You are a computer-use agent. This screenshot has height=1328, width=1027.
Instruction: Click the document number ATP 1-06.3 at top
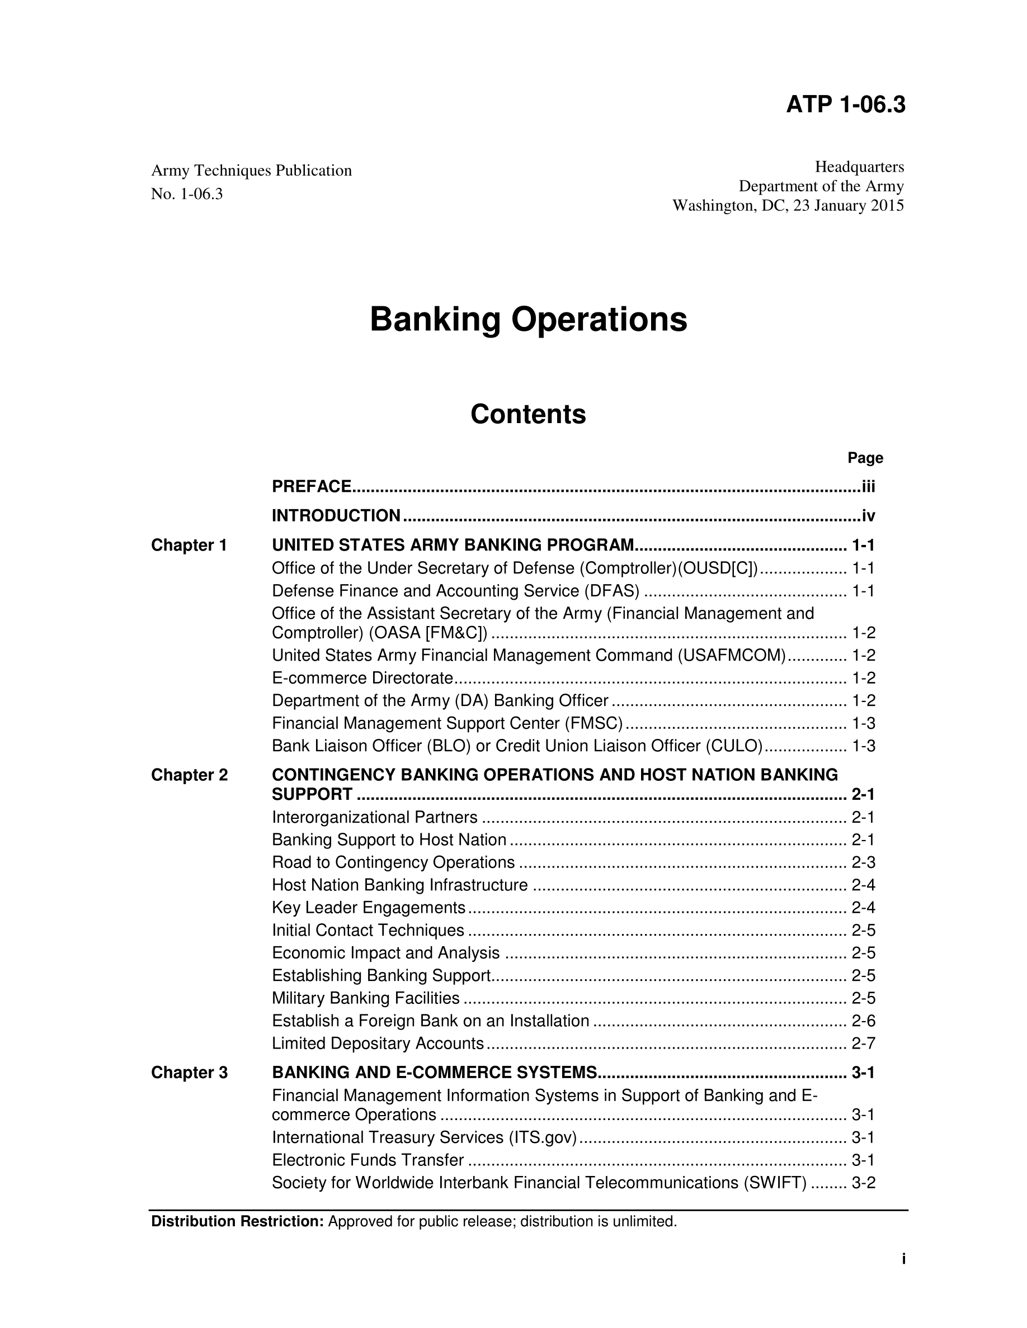coord(845,105)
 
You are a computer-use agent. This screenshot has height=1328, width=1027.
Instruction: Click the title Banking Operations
coord(528,320)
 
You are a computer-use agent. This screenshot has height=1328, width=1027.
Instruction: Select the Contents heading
coord(528,415)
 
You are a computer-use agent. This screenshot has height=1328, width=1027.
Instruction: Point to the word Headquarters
coord(859,167)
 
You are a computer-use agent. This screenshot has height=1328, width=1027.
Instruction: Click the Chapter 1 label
coord(189,546)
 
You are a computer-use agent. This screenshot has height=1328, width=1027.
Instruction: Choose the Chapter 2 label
coord(189,775)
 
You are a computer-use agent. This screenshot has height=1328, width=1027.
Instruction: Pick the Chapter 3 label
coord(189,1073)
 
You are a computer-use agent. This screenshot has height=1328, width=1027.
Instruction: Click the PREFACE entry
coord(312,487)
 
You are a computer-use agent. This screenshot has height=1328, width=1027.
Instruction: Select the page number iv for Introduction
coord(868,516)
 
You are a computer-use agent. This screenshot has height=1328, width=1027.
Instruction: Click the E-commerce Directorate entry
coord(362,678)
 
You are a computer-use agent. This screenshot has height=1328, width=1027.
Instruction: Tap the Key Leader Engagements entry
coord(369,908)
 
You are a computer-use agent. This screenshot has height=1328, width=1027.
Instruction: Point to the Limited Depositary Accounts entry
coord(378,1044)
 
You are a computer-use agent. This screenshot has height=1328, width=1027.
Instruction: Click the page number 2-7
coord(863,1044)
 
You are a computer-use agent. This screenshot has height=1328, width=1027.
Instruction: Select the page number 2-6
coord(863,1021)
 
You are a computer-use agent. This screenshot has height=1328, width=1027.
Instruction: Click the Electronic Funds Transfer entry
coord(368,1160)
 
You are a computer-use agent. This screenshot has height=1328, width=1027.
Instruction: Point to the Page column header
coord(865,458)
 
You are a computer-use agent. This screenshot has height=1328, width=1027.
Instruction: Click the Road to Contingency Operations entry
coord(394,863)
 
